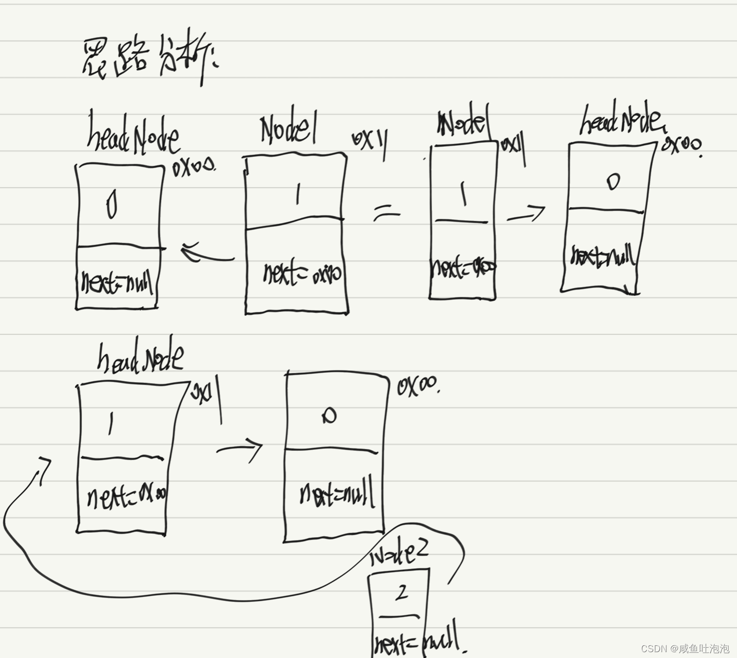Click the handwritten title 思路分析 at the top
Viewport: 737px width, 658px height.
[x=149, y=61]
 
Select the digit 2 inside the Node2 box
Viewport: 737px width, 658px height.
[x=401, y=593]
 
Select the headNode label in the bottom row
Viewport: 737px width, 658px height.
[x=140, y=358]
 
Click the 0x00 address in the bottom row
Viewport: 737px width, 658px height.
[x=418, y=387]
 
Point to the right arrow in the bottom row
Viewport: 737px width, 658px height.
[x=240, y=448]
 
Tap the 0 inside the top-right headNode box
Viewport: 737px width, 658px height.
[x=613, y=181]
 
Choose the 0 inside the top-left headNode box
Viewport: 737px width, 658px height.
[x=112, y=206]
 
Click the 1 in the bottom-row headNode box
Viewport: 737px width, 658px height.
[x=112, y=423]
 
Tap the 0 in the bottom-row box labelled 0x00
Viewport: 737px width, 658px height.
[x=329, y=416]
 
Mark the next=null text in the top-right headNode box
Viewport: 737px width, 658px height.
[x=603, y=256]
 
